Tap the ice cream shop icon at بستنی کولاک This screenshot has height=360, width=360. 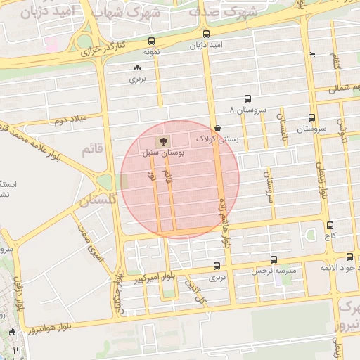(217, 129)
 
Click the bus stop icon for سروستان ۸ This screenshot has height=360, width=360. (247, 99)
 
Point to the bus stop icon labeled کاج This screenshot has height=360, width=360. (330, 225)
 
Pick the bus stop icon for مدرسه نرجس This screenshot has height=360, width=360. (274, 259)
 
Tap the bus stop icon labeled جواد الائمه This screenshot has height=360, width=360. (350, 257)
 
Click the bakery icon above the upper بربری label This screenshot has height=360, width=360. (137, 68)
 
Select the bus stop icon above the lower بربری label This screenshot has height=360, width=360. (216, 266)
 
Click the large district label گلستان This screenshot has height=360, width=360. (96, 200)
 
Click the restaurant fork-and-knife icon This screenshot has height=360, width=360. (15, 349)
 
